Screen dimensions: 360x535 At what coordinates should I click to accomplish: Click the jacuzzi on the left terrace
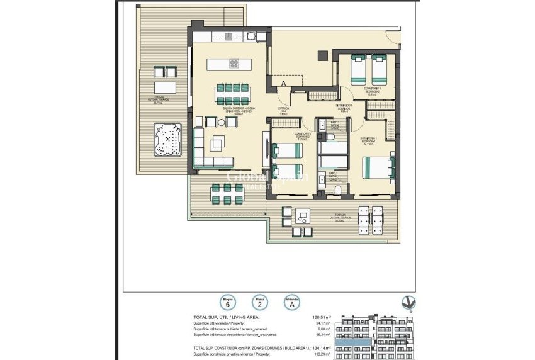(x=167, y=140)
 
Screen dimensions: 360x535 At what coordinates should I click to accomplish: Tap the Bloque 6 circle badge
(x=223, y=303)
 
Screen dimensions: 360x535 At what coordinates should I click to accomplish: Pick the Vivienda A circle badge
(x=291, y=303)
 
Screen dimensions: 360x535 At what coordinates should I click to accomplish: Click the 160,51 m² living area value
(x=322, y=318)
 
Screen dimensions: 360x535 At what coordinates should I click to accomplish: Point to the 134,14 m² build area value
(x=322, y=347)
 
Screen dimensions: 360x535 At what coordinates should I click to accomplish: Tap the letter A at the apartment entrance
(x=284, y=83)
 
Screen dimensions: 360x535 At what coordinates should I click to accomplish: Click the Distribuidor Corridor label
(x=343, y=108)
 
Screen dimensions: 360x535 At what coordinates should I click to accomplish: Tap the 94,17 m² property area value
(x=322, y=324)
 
